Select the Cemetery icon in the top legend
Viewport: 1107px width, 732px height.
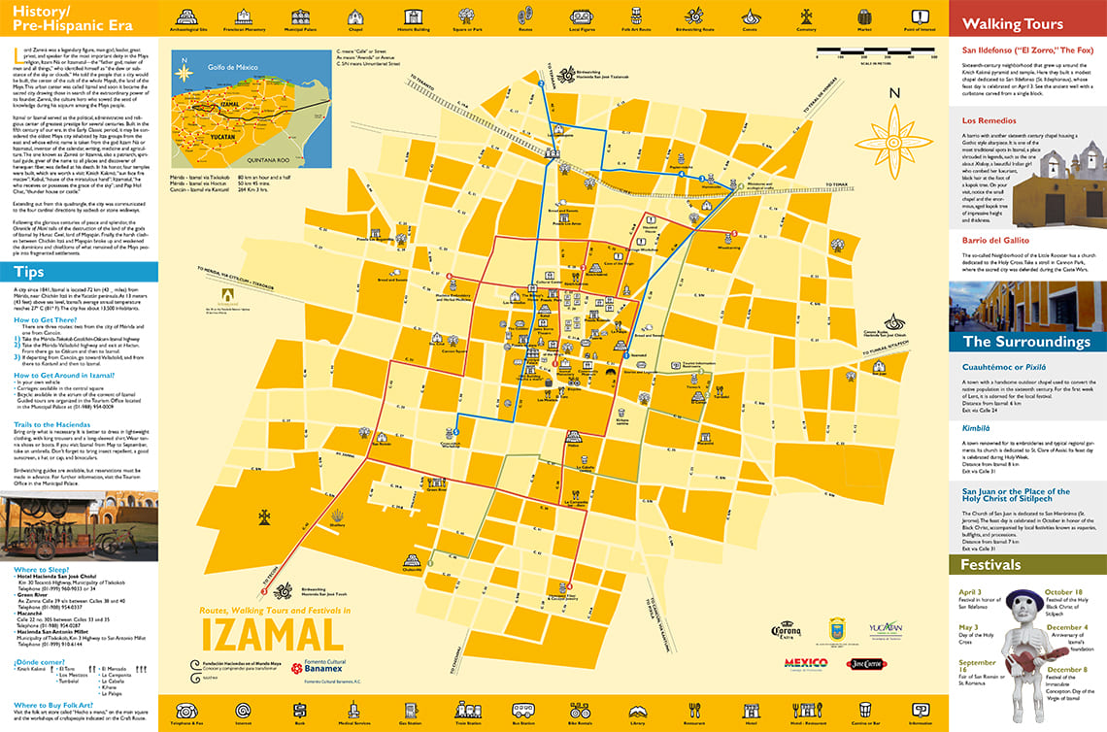[805, 16]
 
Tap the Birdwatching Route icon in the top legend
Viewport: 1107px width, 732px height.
[694, 16]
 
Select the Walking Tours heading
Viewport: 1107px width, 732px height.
[1012, 24]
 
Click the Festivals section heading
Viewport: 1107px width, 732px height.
[990, 564]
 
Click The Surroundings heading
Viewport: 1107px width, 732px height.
[1026, 342]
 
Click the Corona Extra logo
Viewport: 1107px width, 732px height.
[786, 631]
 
